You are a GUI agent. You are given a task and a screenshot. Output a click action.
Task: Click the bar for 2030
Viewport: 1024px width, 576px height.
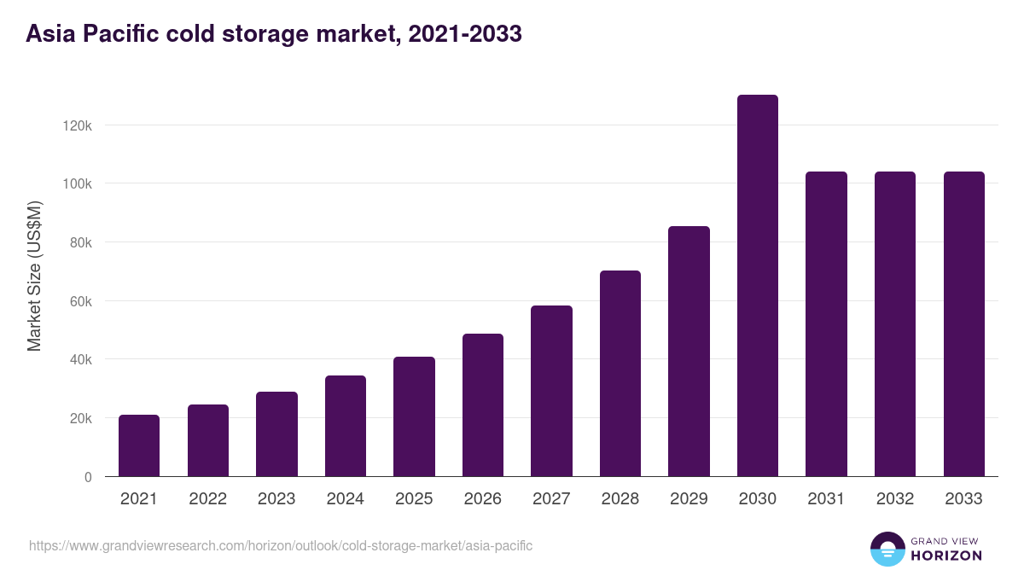[x=757, y=286]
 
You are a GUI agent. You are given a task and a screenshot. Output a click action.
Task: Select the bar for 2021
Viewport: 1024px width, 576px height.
[x=139, y=445]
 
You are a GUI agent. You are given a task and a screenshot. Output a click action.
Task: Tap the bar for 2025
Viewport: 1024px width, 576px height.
[x=414, y=416]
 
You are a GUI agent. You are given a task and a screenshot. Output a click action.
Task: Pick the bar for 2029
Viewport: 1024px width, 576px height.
[x=689, y=352]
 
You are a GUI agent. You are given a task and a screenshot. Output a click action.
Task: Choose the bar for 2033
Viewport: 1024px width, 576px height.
[x=963, y=324]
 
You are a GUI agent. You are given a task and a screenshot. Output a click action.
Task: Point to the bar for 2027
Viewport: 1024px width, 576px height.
[x=551, y=391]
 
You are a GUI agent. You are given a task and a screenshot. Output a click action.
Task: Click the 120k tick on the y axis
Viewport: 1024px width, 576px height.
[x=78, y=125]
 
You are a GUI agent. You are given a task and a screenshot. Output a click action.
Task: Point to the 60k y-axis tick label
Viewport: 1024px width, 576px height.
[x=80, y=301]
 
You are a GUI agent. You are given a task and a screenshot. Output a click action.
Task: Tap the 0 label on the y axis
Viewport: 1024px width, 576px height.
[x=87, y=477]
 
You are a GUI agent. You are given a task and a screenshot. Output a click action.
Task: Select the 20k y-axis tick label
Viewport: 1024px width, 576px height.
[x=80, y=418]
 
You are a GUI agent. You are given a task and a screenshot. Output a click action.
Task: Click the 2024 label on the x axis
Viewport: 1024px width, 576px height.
[x=346, y=499]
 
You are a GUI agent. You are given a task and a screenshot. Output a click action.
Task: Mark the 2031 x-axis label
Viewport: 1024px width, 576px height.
[x=826, y=499]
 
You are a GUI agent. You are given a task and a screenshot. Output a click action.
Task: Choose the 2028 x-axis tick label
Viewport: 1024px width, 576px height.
[x=620, y=499]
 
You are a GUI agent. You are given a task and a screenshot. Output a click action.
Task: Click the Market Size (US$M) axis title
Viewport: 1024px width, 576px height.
[x=34, y=276]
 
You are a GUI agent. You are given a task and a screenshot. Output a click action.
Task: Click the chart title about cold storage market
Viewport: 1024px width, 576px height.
[x=274, y=34]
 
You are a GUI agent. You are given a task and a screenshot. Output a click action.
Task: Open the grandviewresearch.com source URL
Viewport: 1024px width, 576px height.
[x=281, y=545]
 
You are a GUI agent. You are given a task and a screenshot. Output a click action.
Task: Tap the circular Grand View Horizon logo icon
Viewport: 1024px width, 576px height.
[x=887, y=549]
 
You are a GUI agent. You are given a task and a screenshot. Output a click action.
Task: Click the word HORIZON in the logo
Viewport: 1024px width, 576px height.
[x=946, y=556]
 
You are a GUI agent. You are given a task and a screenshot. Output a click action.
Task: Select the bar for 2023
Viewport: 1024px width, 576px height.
[x=276, y=433]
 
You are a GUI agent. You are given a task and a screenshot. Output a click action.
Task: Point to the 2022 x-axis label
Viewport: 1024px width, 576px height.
[x=208, y=499]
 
